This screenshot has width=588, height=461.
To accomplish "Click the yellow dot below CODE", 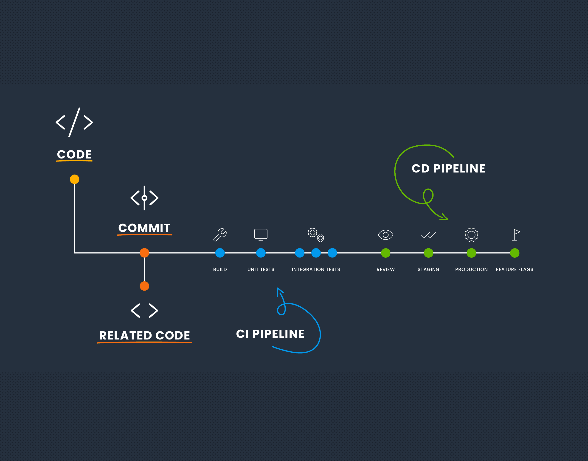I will point(74,179).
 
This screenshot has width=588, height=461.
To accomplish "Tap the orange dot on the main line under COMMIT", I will point(144,253).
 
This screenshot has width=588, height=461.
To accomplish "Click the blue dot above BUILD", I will point(220,253).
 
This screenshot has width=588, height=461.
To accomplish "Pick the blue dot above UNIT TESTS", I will point(261,253).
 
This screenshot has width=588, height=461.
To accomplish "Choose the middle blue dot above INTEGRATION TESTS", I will point(316,253).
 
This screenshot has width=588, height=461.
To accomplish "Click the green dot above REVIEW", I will point(385,253).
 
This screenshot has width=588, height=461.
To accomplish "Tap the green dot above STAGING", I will point(428,253).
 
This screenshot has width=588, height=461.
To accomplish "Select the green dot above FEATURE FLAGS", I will point(515,253).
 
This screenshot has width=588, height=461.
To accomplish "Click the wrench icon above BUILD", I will point(220,235).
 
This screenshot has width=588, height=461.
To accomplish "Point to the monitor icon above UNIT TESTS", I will point(261,234).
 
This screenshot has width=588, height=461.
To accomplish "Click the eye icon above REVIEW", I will point(385,235).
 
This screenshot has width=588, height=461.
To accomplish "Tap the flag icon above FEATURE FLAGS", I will point(516,235).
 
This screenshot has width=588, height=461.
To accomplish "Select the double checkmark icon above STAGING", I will point(428,235).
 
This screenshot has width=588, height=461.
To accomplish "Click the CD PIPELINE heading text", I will point(448,168).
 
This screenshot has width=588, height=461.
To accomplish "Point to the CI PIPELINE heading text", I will point(270,334).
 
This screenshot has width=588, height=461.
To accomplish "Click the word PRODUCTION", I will point(471,269).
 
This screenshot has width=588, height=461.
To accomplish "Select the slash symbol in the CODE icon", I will point(74,122).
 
